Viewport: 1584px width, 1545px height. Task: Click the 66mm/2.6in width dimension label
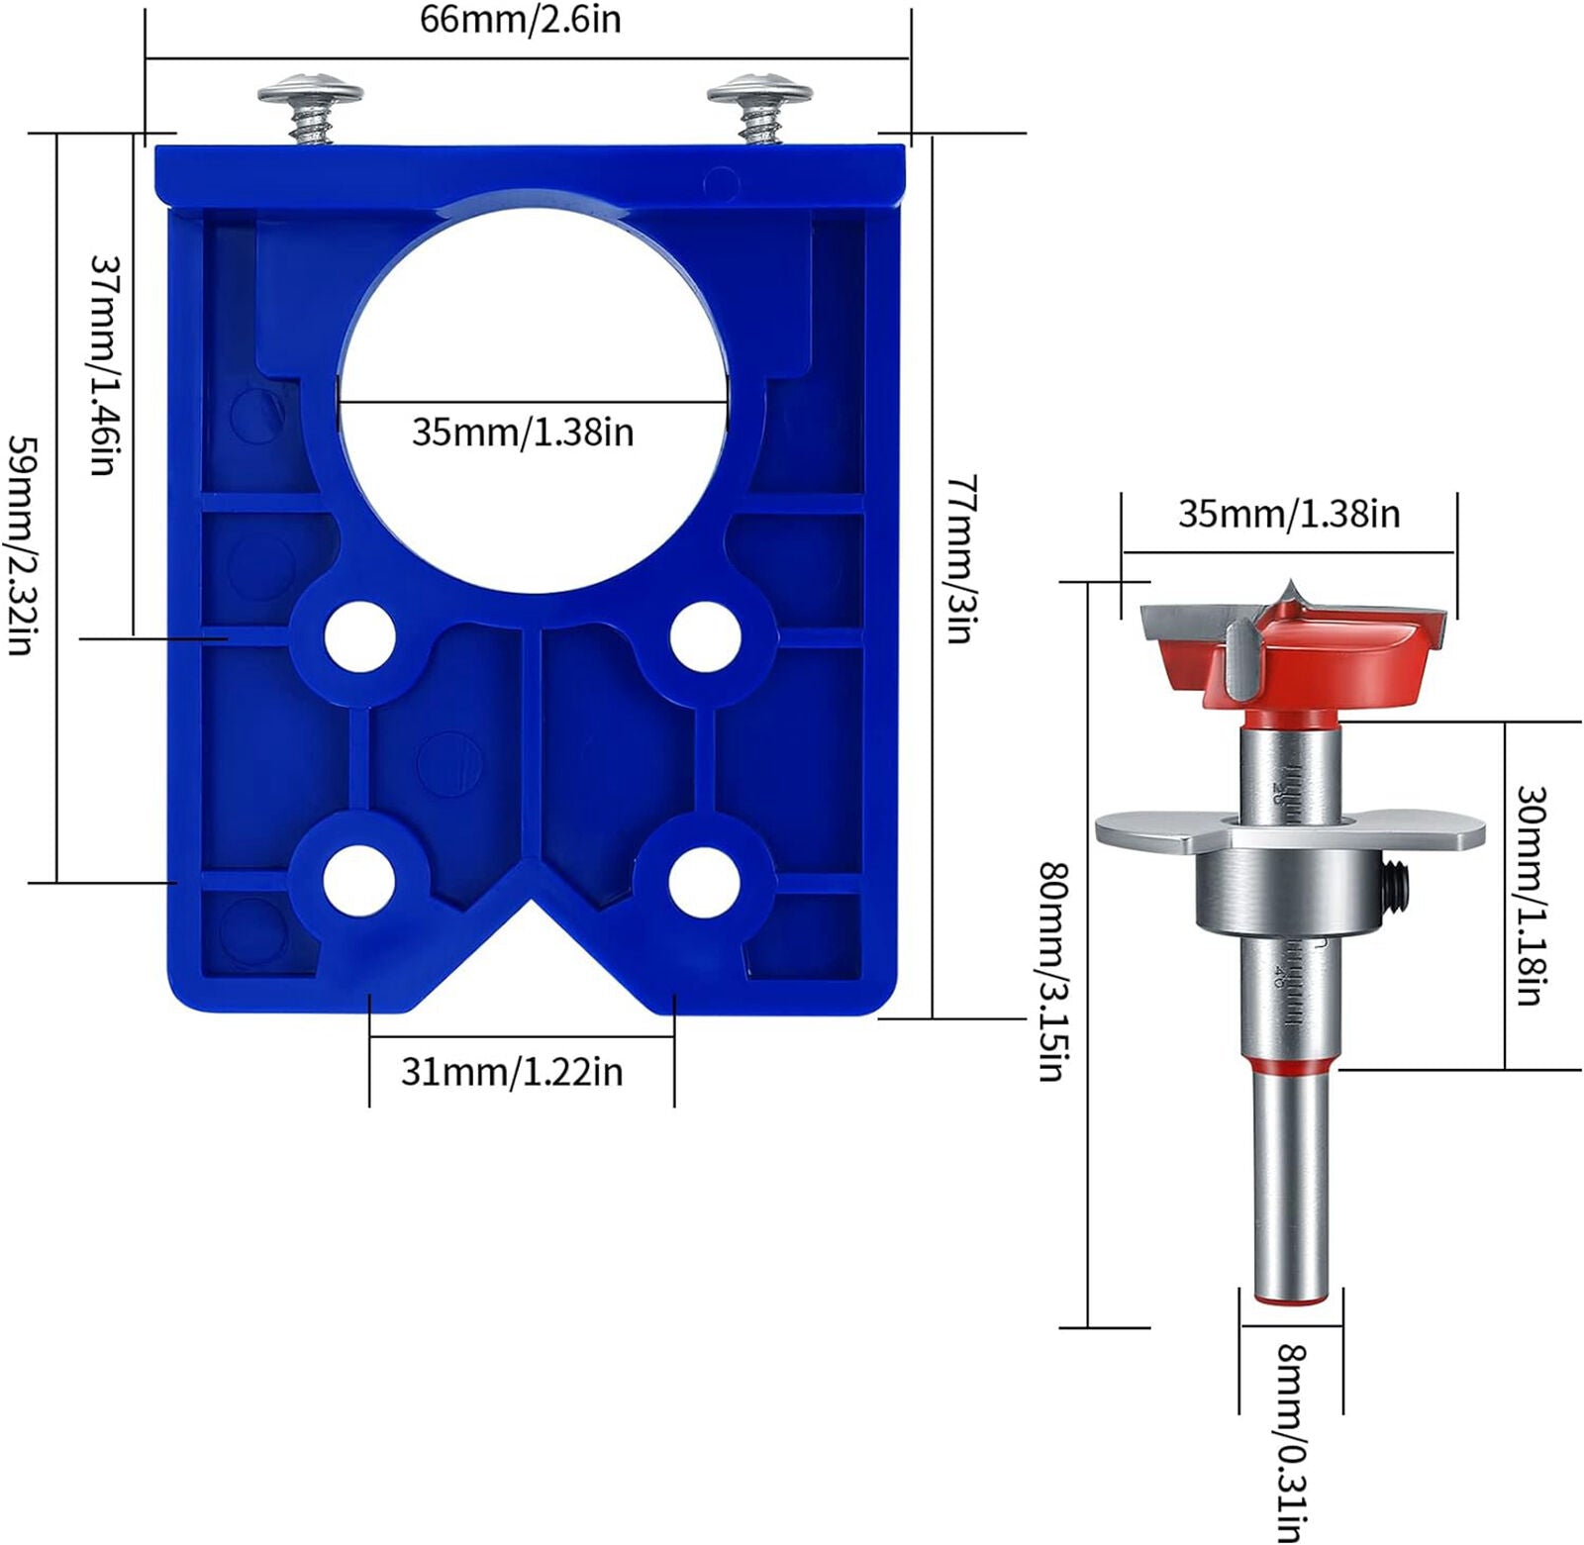coord(521,20)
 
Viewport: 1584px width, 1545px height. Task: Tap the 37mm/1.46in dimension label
coord(105,365)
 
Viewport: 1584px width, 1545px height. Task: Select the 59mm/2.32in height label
coord(22,543)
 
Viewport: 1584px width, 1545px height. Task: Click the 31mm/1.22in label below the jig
coord(512,1072)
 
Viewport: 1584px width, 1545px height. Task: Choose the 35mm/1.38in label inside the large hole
coord(523,433)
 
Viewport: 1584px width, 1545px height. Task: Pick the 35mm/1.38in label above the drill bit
coord(1289,514)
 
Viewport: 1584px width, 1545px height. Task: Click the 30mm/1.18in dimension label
coord(1530,896)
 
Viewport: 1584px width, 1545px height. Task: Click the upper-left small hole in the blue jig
coord(358,636)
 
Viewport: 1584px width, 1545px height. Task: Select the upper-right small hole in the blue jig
coord(705,636)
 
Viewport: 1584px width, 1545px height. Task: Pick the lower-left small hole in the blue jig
coord(358,880)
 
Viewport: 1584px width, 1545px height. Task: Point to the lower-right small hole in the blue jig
coord(704,880)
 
